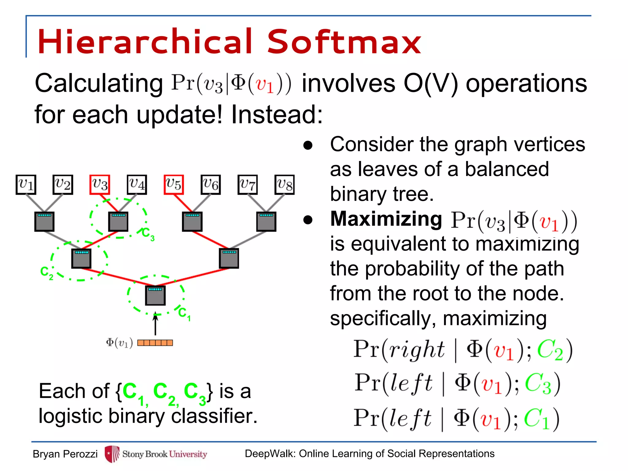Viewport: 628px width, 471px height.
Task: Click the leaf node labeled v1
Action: pos(26,185)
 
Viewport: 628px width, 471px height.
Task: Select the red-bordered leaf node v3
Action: pos(100,185)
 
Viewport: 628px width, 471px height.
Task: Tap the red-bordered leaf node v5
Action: pos(174,185)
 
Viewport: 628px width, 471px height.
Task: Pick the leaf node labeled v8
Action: pos(285,185)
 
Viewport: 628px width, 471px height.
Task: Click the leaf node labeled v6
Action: pos(211,185)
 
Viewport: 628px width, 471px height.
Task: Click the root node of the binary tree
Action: pos(155,295)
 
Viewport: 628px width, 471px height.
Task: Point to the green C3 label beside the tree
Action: pos(148,234)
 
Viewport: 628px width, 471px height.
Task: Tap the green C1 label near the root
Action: pos(184,314)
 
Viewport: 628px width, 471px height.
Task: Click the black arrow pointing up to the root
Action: pos(155,324)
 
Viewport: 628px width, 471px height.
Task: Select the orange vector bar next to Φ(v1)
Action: pos(155,343)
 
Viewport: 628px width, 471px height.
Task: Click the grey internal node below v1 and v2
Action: pos(44,221)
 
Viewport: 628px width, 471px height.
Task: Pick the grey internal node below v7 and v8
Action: pos(266,221)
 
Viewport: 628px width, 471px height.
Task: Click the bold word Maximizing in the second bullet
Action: pos(386,219)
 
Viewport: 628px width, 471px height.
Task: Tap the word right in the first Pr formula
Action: pos(416,350)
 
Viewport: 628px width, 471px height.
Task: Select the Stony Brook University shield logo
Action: pos(112,454)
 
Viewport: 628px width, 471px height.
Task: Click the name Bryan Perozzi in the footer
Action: pos(65,454)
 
